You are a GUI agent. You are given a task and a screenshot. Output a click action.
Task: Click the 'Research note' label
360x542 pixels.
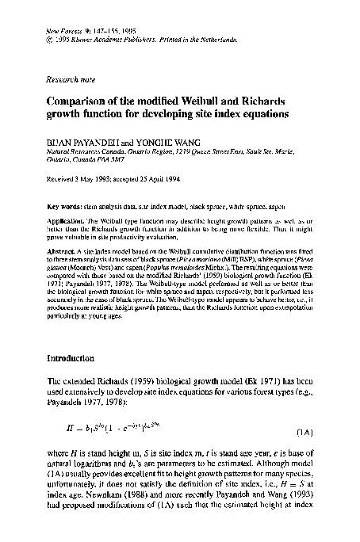point(70,79)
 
